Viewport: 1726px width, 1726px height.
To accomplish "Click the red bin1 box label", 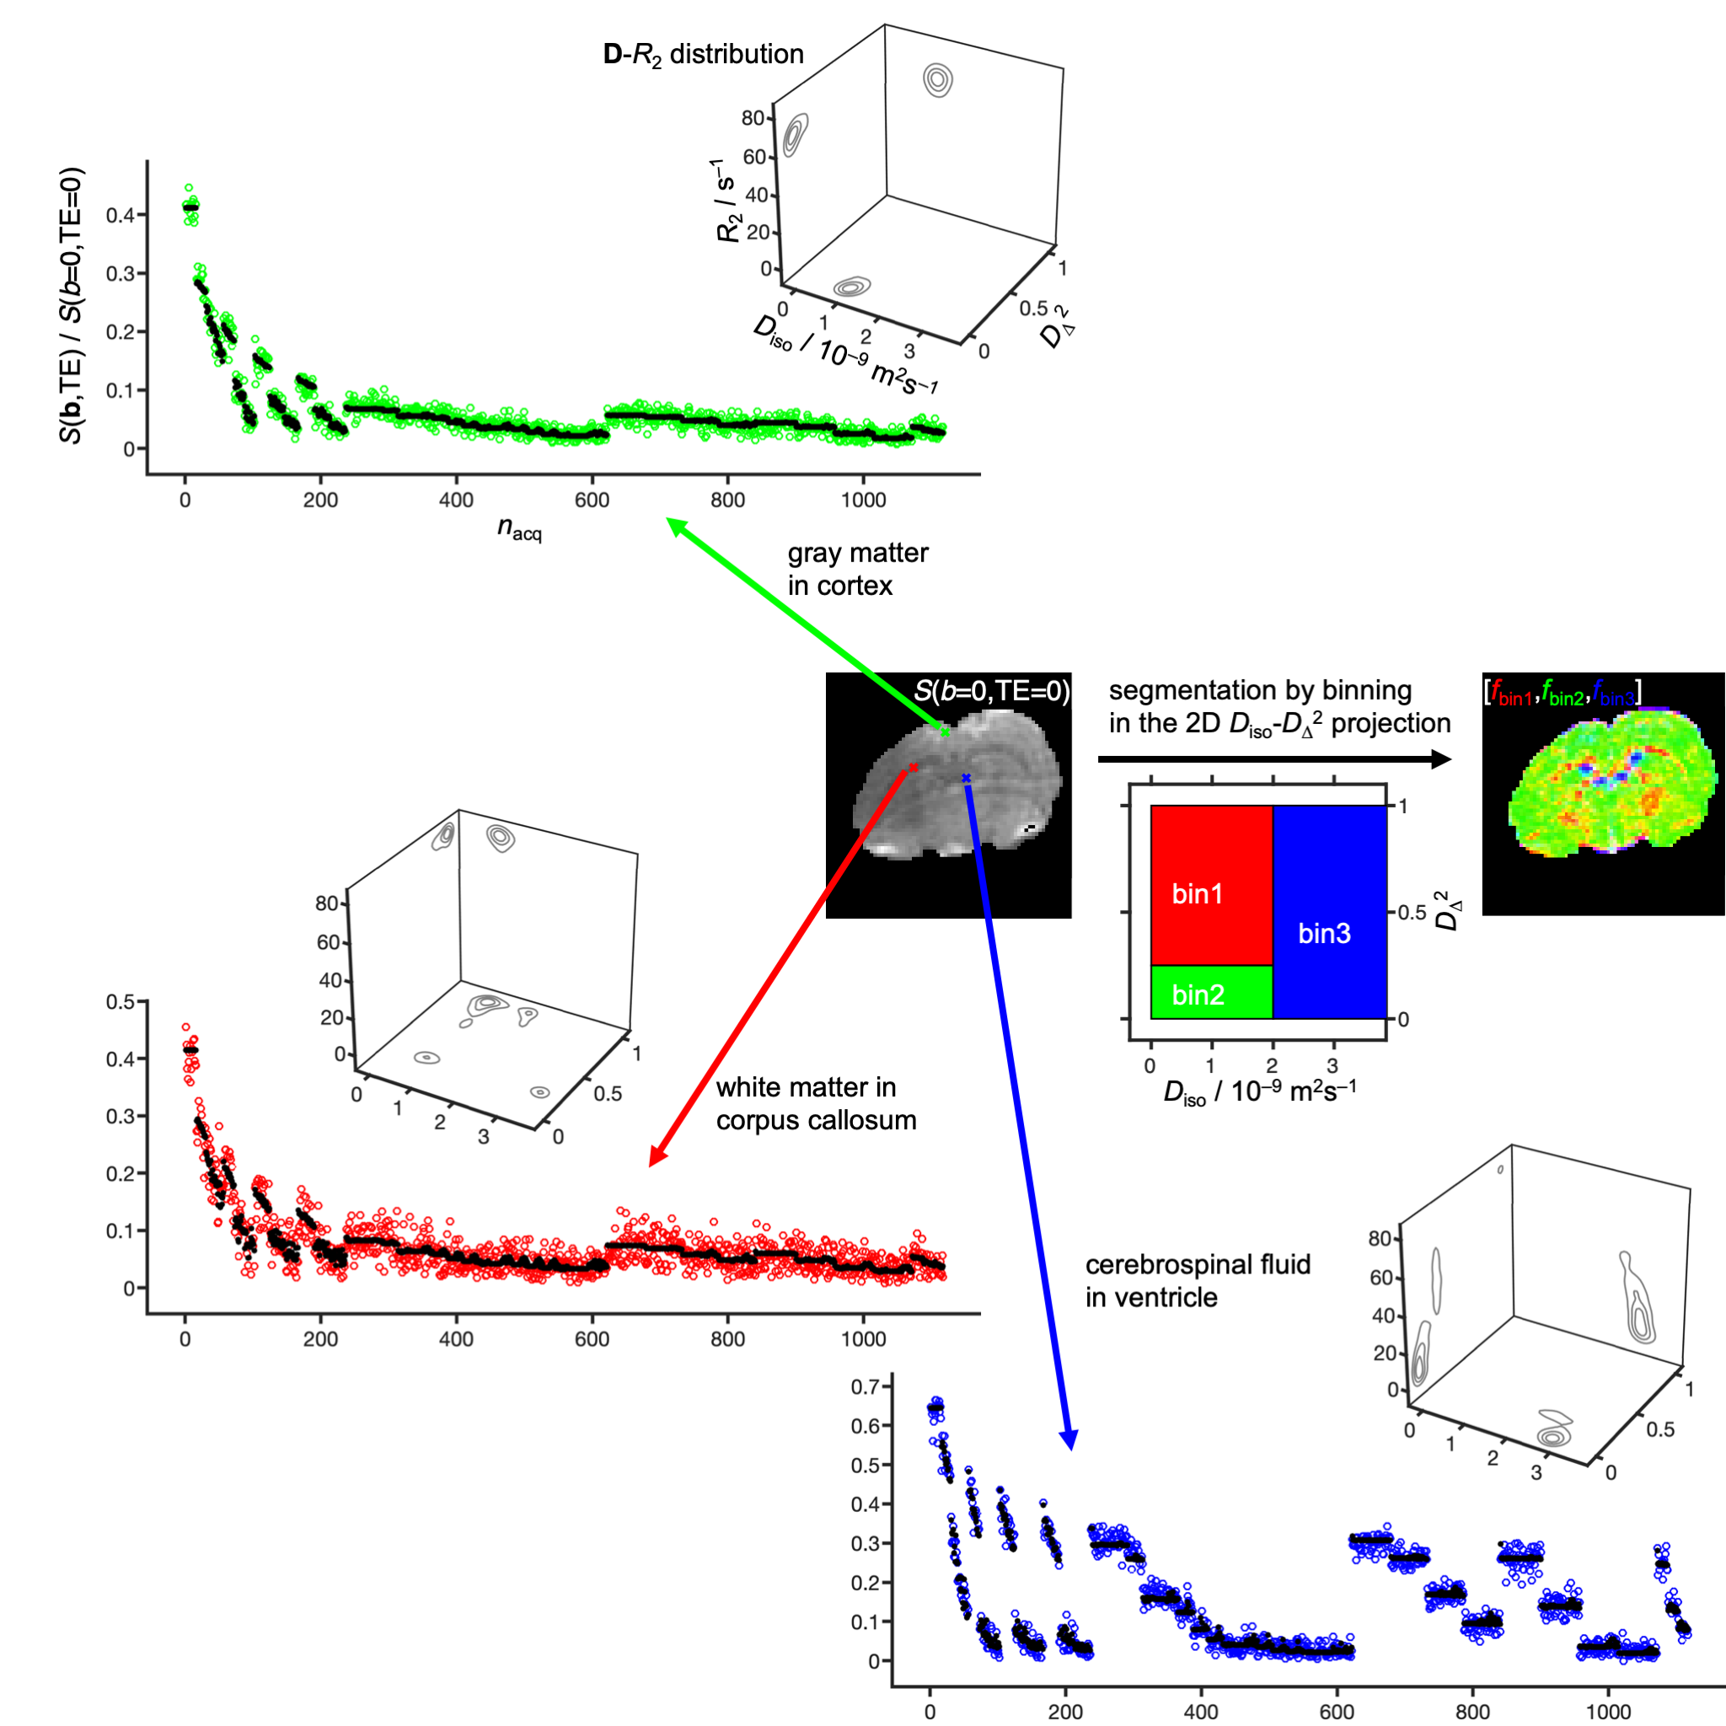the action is point(1197,894).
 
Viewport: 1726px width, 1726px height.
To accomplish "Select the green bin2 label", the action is point(1198,995).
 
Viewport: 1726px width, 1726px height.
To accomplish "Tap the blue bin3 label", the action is point(1324,934).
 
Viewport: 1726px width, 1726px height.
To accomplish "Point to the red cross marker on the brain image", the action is point(913,768).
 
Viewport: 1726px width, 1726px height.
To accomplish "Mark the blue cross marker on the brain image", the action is point(966,778).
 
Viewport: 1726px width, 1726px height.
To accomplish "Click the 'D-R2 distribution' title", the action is point(703,55).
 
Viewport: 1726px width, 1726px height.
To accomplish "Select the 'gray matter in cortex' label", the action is point(858,569).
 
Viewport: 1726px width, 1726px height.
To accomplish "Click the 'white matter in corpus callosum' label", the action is point(816,1103).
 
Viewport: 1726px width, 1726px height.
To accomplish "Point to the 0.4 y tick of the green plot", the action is point(120,215).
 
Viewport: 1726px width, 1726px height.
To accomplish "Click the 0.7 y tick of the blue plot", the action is point(865,1386).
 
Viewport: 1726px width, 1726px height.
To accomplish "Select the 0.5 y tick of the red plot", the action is point(120,1002).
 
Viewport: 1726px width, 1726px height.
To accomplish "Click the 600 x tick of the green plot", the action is point(592,501).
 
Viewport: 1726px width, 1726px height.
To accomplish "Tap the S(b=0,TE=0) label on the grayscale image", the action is point(992,690).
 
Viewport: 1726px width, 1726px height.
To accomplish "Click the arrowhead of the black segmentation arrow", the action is point(1441,759).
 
